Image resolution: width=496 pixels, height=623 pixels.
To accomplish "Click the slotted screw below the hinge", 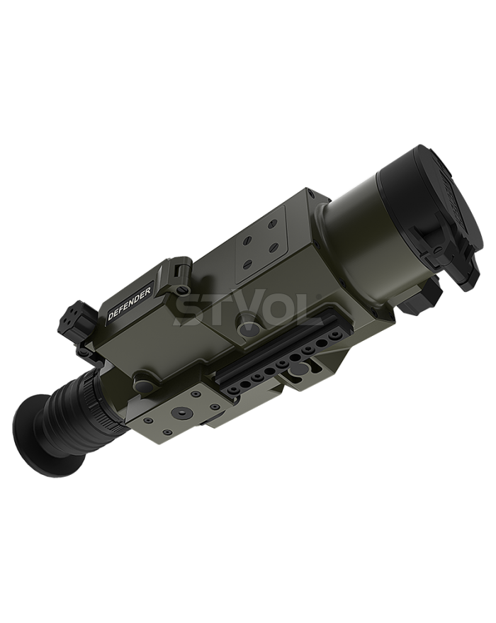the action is click(x=182, y=288).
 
